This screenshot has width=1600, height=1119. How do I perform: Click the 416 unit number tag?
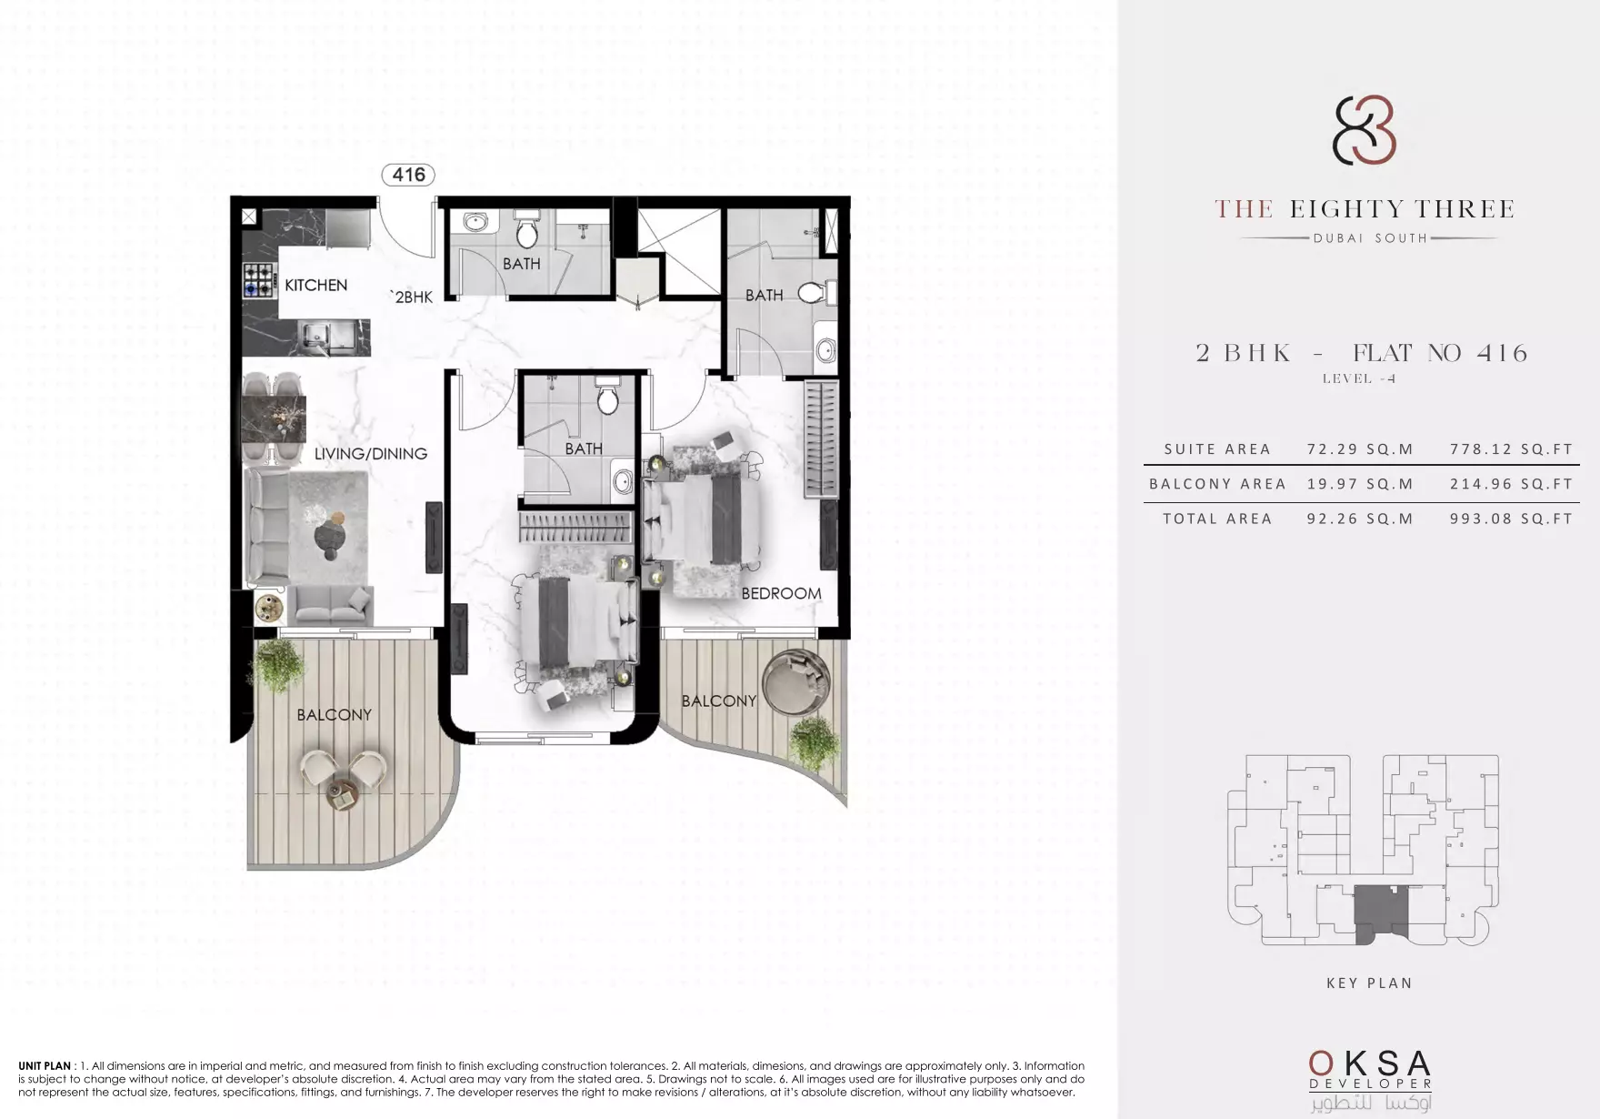(x=408, y=175)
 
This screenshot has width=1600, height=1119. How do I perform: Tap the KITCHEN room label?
(x=315, y=285)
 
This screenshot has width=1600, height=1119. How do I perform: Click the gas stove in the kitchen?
(x=259, y=279)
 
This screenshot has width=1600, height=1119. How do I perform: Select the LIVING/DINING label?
(x=371, y=453)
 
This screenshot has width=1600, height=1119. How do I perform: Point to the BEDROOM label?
(x=781, y=593)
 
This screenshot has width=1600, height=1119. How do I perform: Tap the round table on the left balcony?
(x=344, y=793)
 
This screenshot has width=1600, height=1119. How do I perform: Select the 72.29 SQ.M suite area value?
(x=1360, y=449)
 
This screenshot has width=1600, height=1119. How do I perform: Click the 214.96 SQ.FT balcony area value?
(x=1511, y=484)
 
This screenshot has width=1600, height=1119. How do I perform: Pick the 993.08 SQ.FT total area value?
(x=1511, y=519)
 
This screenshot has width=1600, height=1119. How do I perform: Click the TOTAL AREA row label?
(x=1217, y=519)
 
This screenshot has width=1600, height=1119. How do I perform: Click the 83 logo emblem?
(x=1365, y=132)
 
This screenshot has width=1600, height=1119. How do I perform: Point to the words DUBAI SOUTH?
(x=1370, y=238)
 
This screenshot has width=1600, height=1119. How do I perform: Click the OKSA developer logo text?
(x=1370, y=1064)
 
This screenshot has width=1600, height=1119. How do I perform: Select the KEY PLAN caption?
(x=1369, y=983)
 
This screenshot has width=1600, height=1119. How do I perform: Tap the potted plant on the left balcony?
(x=280, y=665)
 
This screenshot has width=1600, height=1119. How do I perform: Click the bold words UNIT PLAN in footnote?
(x=45, y=1066)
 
